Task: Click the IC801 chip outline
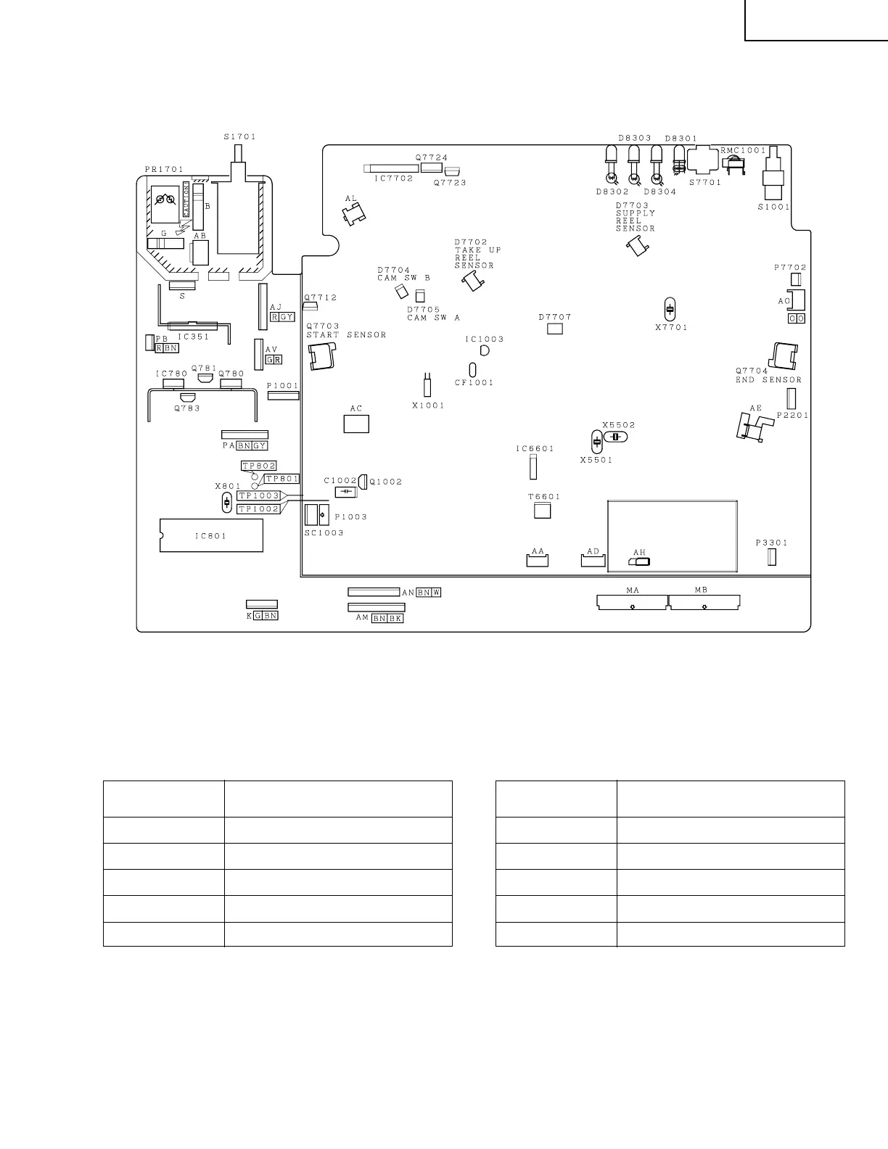(211, 536)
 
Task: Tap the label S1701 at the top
(239, 136)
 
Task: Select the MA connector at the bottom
(631, 603)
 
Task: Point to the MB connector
(704, 603)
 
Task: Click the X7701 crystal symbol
(670, 308)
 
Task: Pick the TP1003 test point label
(259, 495)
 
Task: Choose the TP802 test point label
(259, 466)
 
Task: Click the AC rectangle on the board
(356, 423)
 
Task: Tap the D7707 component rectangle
(555, 329)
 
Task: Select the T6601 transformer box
(543, 511)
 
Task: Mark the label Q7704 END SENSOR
(768, 375)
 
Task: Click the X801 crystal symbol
(227, 503)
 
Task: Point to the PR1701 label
(164, 169)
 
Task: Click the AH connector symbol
(643, 561)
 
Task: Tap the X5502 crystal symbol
(617, 437)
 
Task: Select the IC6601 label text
(535, 449)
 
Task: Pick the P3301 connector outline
(772, 557)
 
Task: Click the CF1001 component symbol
(472, 368)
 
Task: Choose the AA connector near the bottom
(538, 560)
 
